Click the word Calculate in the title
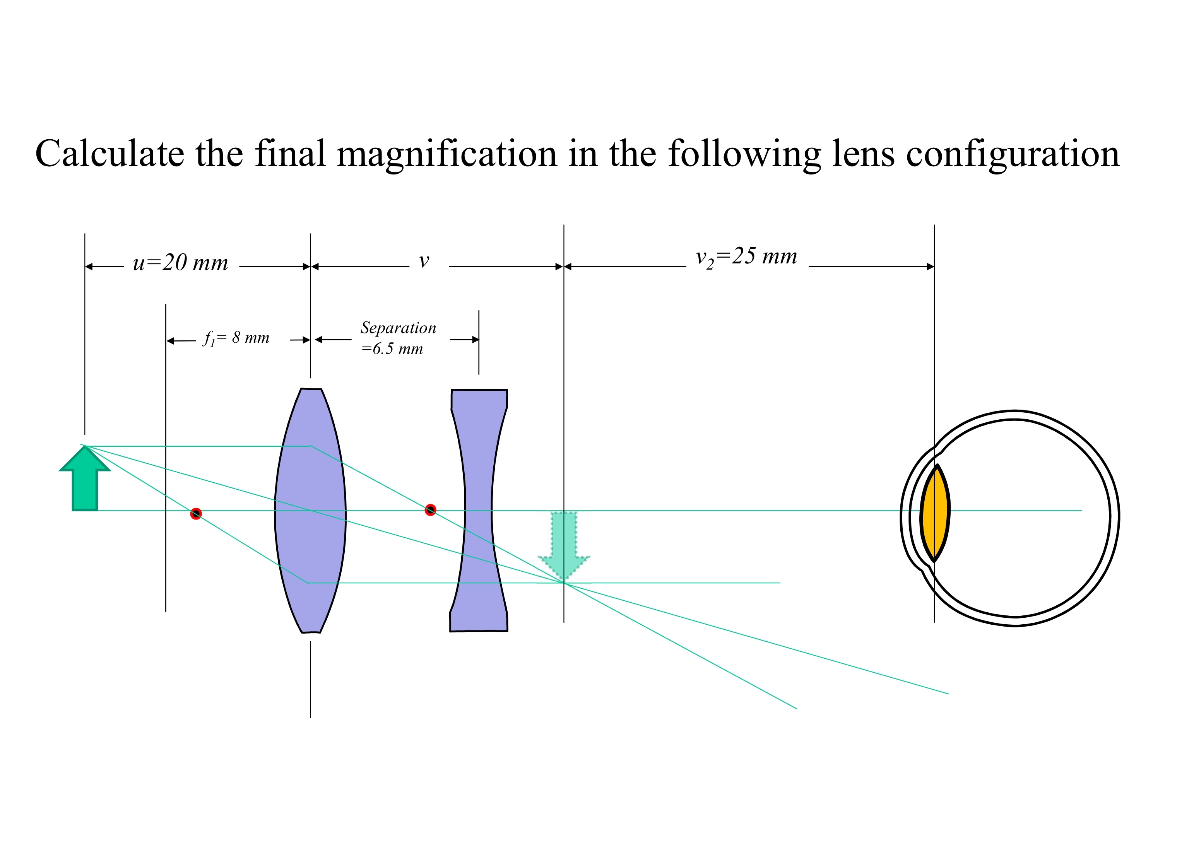pos(109,154)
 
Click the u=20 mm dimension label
pos(180,263)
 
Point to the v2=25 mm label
pos(746,257)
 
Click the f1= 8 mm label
pos(236,338)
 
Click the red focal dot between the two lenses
pos(430,510)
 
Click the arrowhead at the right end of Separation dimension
pos(475,340)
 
